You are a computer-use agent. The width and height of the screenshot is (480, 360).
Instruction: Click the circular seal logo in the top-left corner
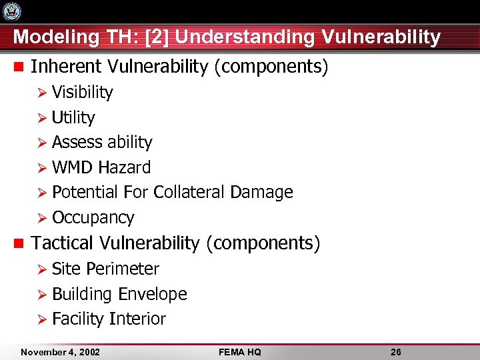tap(12, 11)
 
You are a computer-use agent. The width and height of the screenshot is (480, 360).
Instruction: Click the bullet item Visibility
tap(82, 92)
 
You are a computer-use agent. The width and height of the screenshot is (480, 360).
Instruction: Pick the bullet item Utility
tap(73, 117)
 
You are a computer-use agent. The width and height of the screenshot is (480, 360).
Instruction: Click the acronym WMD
tap(72, 167)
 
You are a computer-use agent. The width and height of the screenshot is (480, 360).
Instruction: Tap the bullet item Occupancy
tap(93, 218)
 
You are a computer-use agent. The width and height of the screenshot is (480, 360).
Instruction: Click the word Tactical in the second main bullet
tap(64, 243)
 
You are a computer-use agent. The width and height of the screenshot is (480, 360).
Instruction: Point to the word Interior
tap(137, 319)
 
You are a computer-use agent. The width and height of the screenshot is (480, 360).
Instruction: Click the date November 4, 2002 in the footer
tap(60, 351)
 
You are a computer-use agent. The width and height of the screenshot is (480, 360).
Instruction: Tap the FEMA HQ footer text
tap(239, 351)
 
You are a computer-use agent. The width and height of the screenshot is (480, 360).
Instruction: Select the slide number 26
tap(395, 351)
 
